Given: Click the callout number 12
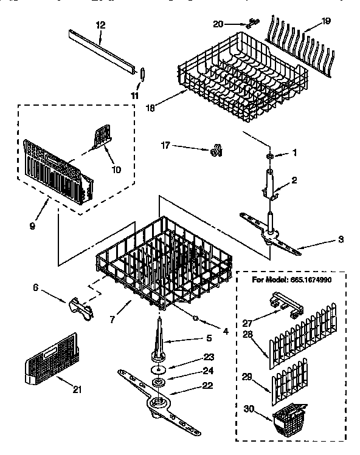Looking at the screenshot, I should (101, 25).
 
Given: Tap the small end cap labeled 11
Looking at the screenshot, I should (142, 74).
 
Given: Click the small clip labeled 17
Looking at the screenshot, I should (214, 148).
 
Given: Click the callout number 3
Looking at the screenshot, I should (341, 241).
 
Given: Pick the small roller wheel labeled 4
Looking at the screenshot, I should (196, 317).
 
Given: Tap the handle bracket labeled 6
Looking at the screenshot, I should (80, 308).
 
